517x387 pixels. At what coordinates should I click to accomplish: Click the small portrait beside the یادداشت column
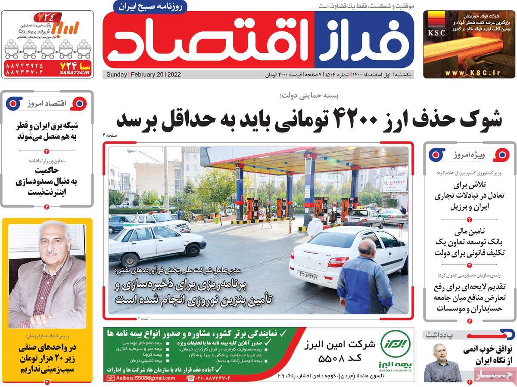point(442,362)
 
